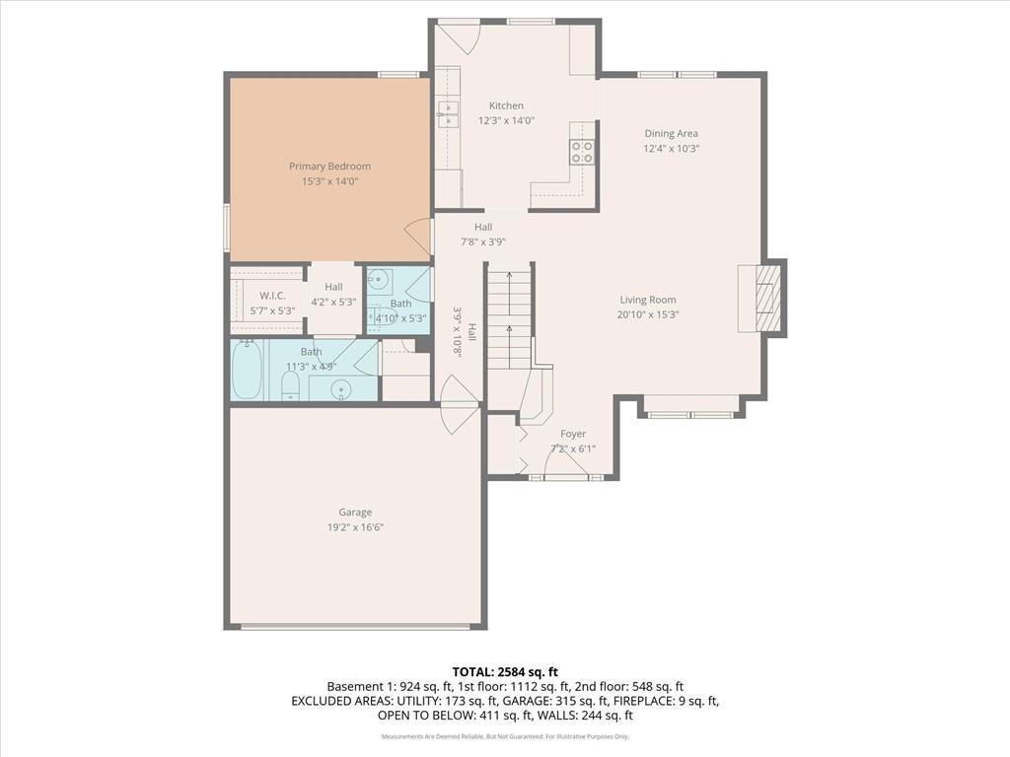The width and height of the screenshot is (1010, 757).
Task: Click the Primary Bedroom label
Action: coord(329,166)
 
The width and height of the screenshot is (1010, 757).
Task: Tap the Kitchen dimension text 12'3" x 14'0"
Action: coord(506,120)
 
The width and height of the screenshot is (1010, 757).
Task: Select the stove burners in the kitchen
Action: coord(582,151)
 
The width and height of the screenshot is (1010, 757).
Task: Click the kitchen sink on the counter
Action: coord(447,114)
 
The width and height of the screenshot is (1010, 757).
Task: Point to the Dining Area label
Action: coord(671,133)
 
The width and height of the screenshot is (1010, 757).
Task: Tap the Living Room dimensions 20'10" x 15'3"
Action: coord(648,314)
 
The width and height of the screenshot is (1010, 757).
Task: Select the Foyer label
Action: coord(573,434)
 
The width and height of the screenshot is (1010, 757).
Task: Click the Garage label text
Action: coord(355,513)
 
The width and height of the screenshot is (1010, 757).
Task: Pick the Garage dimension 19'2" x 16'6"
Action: coord(355,527)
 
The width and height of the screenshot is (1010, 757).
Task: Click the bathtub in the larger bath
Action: coord(247,371)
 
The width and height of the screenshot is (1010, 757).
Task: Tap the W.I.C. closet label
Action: coord(272,296)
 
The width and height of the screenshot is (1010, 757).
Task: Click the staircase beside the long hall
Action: coord(510,315)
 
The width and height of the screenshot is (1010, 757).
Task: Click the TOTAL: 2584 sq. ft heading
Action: coord(505,672)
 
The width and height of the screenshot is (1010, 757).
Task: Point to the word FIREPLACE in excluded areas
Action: coord(644,701)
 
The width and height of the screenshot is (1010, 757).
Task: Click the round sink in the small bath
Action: coord(378,280)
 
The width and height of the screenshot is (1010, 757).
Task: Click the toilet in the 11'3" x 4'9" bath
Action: coord(291,386)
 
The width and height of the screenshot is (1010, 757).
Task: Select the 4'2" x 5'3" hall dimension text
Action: coord(333,302)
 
